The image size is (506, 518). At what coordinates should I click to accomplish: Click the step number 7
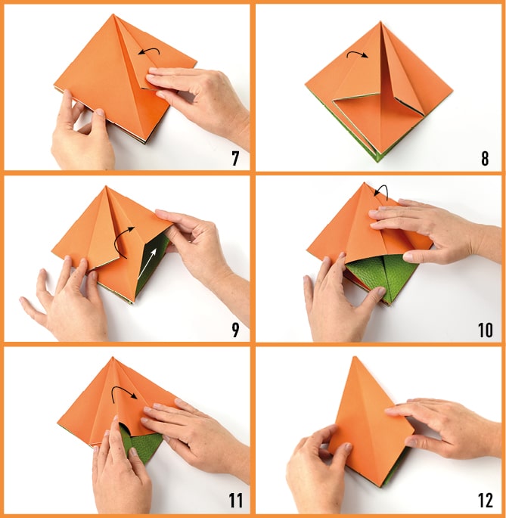[x=235, y=158]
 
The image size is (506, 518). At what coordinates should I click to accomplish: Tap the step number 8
[x=485, y=158]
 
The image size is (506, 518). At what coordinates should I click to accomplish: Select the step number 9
[x=235, y=330]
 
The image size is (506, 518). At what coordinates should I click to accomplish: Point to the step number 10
[x=485, y=330]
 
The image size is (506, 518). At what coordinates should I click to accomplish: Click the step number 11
[x=236, y=501]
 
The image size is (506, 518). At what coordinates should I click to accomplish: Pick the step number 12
[x=485, y=501]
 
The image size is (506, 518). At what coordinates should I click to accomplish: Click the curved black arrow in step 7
[x=150, y=49]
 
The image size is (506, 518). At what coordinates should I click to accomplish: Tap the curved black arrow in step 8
[x=356, y=52]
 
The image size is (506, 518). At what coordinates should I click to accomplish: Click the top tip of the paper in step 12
[x=355, y=357]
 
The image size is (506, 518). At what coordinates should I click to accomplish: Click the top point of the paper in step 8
[x=381, y=22]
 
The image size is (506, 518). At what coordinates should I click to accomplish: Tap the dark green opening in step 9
[x=151, y=261]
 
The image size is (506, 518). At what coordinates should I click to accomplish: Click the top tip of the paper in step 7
[x=113, y=14]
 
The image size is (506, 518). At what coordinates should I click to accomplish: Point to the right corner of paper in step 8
[x=452, y=89]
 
